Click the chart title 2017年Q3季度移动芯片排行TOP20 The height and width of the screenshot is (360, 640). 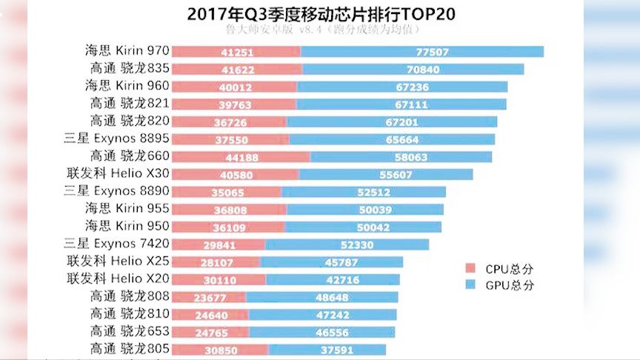click(x=321, y=13)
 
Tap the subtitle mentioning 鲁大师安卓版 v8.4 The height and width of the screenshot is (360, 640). click(x=321, y=30)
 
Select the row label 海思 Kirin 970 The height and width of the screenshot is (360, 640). click(x=127, y=51)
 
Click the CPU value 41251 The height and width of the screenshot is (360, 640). click(x=236, y=52)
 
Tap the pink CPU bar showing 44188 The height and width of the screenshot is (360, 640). click(x=241, y=157)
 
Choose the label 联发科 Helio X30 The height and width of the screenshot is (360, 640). click(x=119, y=174)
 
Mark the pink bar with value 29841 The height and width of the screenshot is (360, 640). click(x=219, y=245)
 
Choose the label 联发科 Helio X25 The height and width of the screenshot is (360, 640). click(x=119, y=261)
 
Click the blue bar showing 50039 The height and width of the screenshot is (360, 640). click(x=365, y=210)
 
